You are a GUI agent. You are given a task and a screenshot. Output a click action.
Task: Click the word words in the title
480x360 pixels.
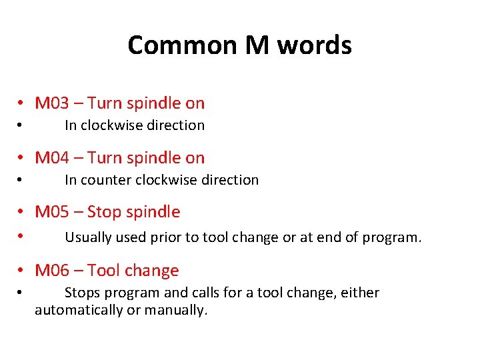pyautogui.click(x=314, y=45)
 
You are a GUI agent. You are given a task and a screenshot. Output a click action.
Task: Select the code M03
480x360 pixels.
pyautogui.click(x=52, y=103)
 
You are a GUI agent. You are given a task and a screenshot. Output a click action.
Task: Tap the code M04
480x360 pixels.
pyautogui.click(x=52, y=158)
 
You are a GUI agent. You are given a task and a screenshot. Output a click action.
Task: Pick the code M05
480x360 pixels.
pyautogui.click(x=52, y=212)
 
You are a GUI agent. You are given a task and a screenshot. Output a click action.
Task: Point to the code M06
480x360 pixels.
pyautogui.click(x=52, y=271)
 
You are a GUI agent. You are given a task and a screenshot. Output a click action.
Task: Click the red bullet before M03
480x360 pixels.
pyautogui.click(x=22, y=103)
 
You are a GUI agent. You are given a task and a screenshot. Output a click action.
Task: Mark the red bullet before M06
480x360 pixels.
pyautogui.click(x=22, y=271)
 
